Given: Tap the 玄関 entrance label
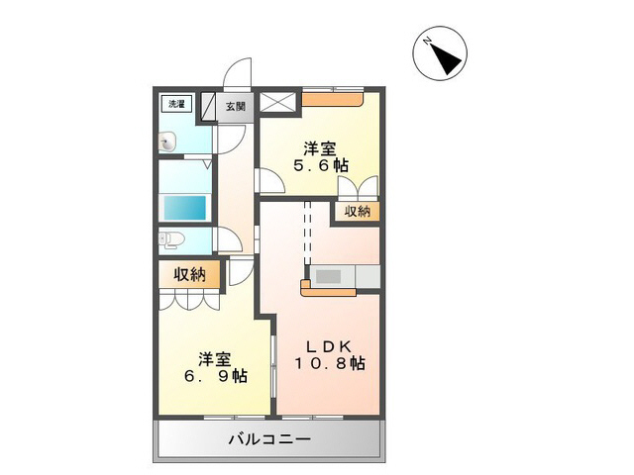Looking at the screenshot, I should (x=235, y=106).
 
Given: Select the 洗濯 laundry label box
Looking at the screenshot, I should (x=174, y=103).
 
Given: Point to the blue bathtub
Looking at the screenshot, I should (x=184, y=209).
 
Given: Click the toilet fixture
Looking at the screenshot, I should (x=168, y=238).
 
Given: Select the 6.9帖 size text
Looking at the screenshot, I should (x=214, y=376).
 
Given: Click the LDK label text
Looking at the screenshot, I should (x=328, y=346).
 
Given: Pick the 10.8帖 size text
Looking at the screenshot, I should (x=328, y=364).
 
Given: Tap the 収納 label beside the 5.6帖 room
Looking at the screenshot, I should (x=357, y=211).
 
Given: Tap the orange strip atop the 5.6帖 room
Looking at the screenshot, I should (x=334, y=97).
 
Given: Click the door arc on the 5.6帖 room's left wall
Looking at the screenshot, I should (x=267, y=179).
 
